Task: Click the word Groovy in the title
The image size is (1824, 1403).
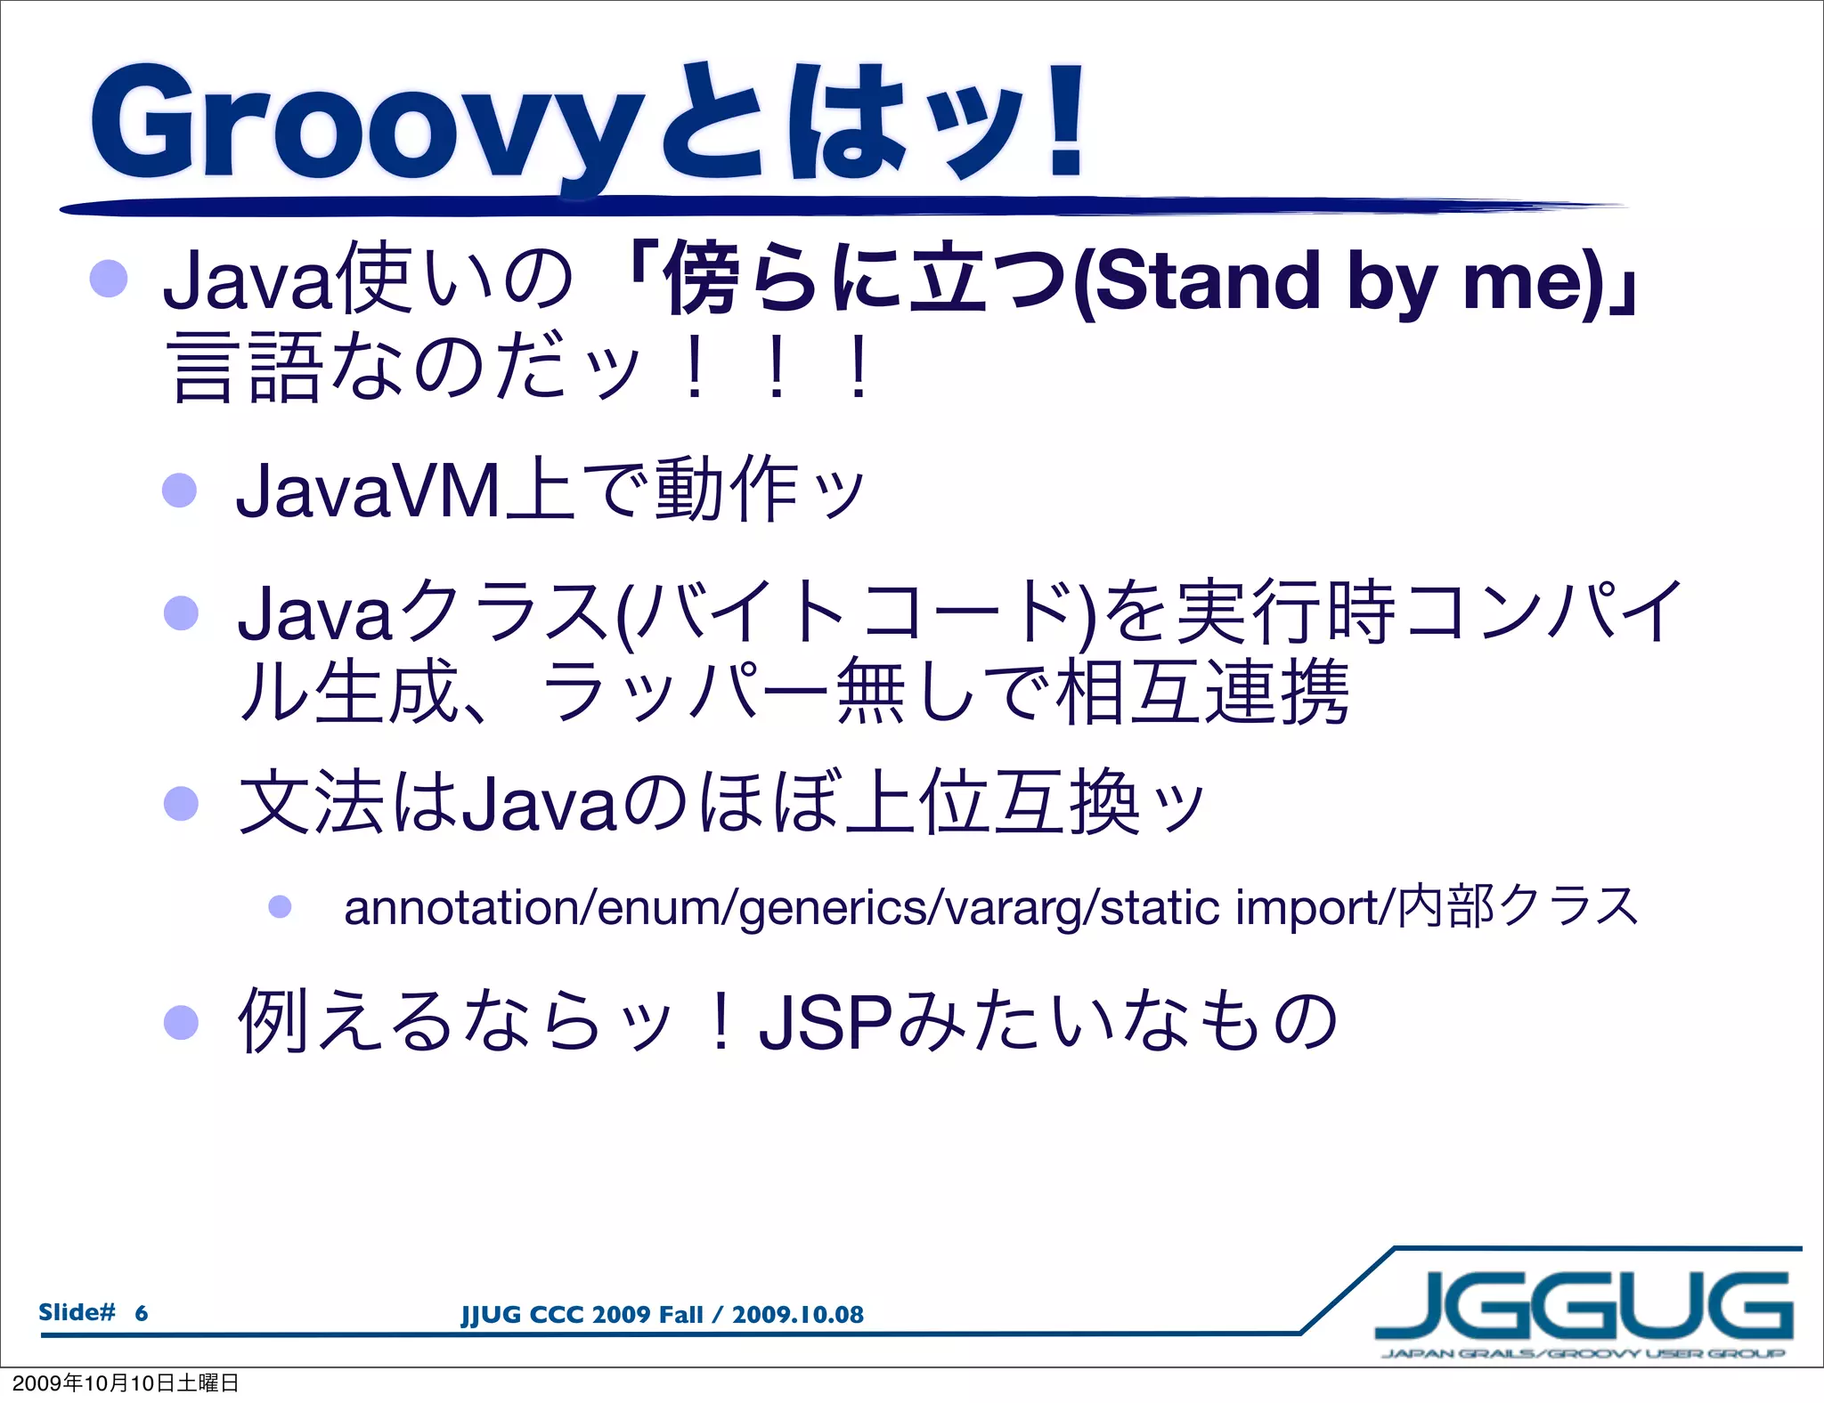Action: click(365, 125)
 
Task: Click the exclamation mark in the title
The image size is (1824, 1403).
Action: click(1065, 120)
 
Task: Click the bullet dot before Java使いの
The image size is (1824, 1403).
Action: click(109, 279)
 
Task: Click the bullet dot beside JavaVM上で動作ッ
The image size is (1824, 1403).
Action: click(179, 490)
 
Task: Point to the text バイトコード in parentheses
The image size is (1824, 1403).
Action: click(855, 612)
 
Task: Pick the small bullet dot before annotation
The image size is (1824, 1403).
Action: click(280, 907)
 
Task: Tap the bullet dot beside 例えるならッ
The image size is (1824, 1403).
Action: click(181, 1023)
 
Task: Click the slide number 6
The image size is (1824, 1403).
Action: click(141, 1313)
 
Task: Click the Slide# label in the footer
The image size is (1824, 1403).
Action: click(77, 1312)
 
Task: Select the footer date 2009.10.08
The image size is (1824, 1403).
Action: click(797, 1315)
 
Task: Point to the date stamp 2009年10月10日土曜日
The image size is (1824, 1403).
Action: click(126, 1383)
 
